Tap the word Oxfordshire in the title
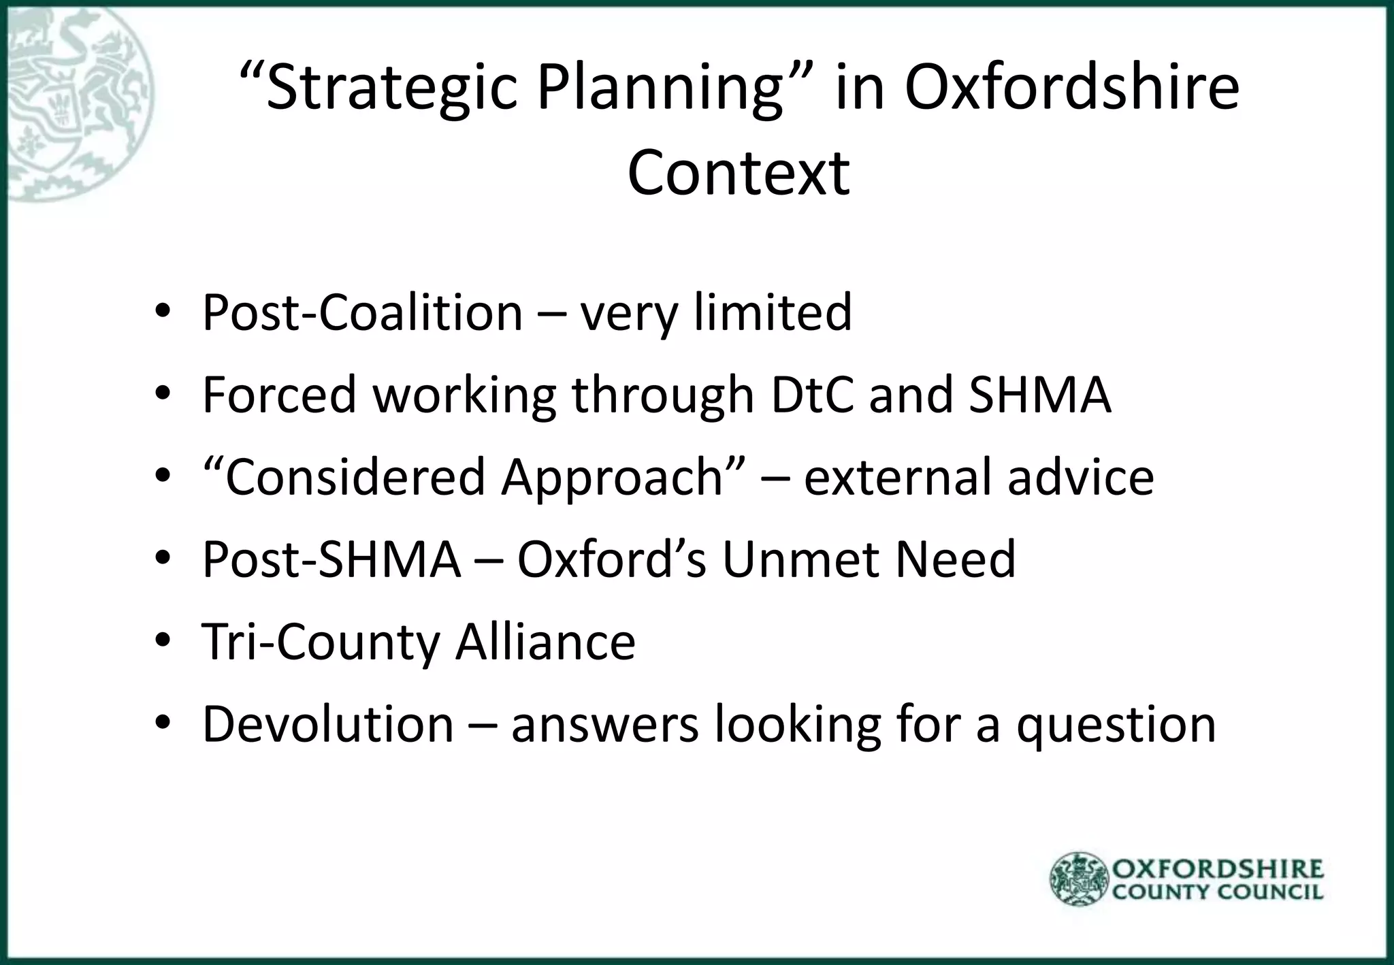(1071, 88)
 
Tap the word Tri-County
(320, 642)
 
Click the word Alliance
(545, 642)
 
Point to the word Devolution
(327, 724)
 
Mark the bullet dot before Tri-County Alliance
(162, 642)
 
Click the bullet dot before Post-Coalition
(162, 312)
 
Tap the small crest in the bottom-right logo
(1079, 879)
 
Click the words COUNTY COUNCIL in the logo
(1218, 892)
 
